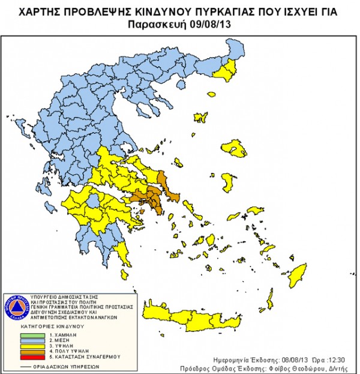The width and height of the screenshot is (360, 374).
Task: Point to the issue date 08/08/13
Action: click(280, 360)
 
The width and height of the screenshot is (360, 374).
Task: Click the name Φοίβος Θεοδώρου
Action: click(296, 368)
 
